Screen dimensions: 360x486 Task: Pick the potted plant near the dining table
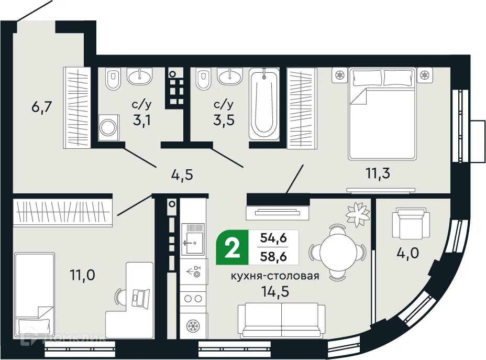tap(358, 212)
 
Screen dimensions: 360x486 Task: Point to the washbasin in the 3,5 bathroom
tap(230, 77)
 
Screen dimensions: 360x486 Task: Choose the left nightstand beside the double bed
tap(340, 75)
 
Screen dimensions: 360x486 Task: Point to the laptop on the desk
tap(140, 297)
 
